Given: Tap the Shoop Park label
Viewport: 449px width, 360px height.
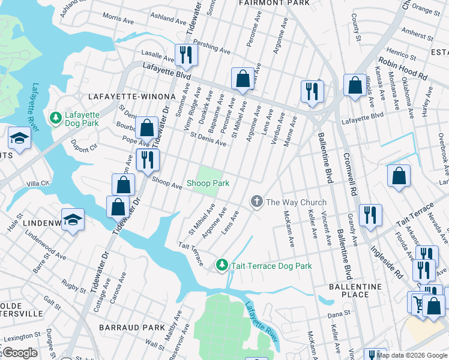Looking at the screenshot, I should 208,183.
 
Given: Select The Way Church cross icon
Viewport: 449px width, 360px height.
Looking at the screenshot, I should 257,202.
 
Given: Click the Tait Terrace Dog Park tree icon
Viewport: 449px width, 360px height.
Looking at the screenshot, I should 221,264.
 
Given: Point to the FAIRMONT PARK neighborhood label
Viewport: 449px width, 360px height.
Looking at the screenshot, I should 274,3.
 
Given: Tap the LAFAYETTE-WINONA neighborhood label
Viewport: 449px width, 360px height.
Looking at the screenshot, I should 131,96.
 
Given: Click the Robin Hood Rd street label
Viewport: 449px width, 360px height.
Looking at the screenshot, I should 402,69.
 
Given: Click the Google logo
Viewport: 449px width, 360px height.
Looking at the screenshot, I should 19,353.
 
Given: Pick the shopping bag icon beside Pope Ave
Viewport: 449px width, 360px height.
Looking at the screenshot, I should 146,127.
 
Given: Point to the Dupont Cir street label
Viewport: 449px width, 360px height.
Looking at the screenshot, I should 83,146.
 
